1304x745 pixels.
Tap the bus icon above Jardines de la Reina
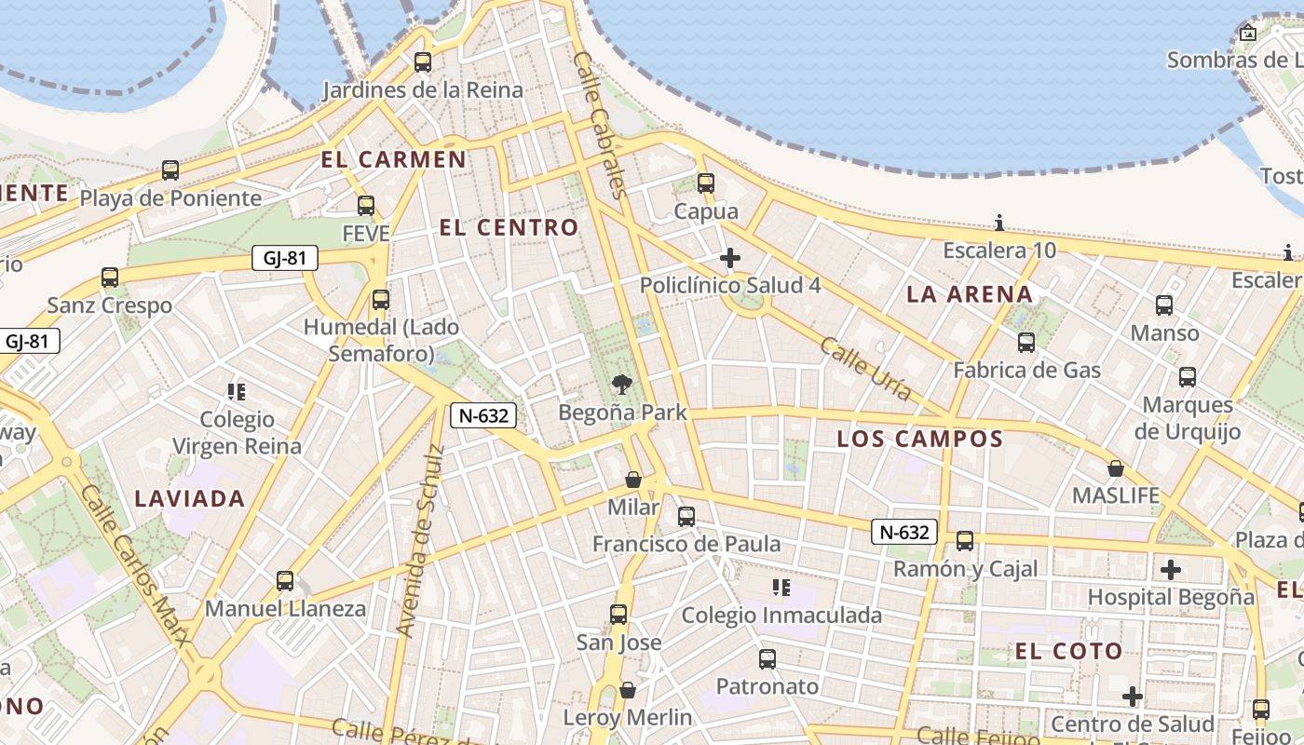tap(423, 62)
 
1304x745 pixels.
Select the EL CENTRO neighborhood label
tap(509, 227)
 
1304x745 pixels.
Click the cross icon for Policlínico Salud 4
tap(730, 258)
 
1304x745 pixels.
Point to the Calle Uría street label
tap(865, 369)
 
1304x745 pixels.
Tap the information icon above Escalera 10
tap(999, 223)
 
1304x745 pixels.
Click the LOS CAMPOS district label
tap(919, 439)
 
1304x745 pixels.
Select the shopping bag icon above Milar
tap(633, 480)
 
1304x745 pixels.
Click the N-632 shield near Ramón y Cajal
tap(904, 532)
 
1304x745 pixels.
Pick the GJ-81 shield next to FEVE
tap(285, 258)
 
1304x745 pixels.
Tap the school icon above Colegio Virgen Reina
tap(237, 392)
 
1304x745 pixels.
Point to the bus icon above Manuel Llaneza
tap(285, 581)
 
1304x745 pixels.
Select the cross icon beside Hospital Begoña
tap(1171, 569)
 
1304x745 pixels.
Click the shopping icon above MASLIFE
tap(1115, 467)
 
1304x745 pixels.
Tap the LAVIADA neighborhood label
tap(190, 498)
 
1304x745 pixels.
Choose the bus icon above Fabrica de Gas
tap(1026, 343)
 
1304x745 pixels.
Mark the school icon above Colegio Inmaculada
tap(781, 588)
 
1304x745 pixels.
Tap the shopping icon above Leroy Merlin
tap(628, 690)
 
